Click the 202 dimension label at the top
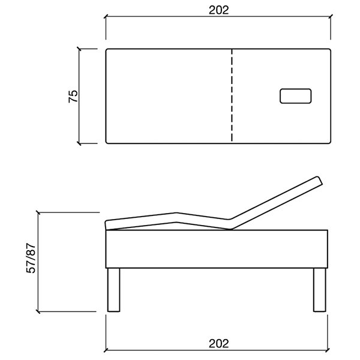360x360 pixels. click(x=218, y=10)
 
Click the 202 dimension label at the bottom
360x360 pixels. click(x=218, y=344)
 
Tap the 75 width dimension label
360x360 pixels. click(x=73, y=97)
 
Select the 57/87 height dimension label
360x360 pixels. click(x=31, y=258)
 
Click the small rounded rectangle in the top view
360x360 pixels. click(x=295, y=96)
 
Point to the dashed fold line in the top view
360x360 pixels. click(x=232, y=95)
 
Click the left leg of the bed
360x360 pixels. click(x=113, y=290)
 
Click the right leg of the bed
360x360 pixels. click(x=320, y=290)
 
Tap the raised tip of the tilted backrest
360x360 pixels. click(x=319, y=179)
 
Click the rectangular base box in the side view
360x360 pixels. click(x=217, y=249)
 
